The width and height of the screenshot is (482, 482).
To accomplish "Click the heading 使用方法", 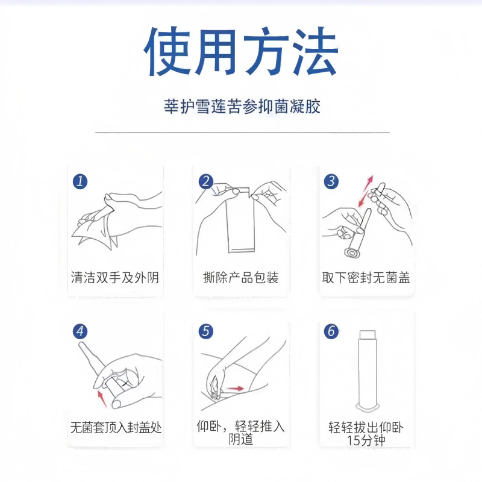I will coord(241,52).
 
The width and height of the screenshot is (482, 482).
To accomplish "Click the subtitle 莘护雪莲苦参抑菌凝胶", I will coord(241,107).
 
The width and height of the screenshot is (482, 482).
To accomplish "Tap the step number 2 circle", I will coord(206,181).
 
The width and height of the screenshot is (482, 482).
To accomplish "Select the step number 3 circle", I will coord(331,181).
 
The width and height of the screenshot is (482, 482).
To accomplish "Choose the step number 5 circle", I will coord(206,331).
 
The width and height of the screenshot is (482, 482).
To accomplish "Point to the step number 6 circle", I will coord(331,331).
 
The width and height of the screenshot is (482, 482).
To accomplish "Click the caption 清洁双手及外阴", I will coord(114,278).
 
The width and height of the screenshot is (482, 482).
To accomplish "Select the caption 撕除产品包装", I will coord(241,278).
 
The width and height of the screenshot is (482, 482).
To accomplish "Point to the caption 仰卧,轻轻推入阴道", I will coord(241,433).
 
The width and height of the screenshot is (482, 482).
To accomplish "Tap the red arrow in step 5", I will coord(236,389).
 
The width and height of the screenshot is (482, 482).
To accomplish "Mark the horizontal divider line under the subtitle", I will coord(241,131).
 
